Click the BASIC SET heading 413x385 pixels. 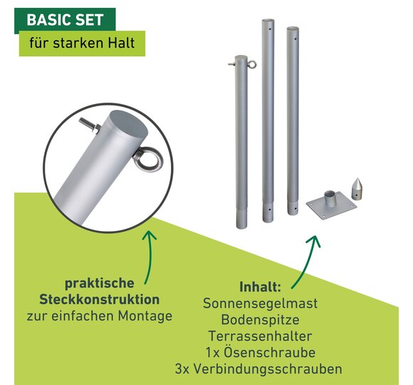coord(65,20)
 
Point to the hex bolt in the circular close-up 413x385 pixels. coord(90,125)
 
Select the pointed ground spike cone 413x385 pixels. coord(357,189)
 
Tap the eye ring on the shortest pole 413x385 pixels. coord(252,64)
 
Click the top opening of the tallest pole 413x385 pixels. coord(268,21)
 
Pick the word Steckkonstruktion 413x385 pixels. coord(99,299)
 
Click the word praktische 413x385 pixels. coord(99,284)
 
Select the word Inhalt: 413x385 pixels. coord(260,287)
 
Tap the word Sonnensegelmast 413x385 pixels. coord(260,304)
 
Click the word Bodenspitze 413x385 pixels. coord(260,320)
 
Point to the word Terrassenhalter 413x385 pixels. coord(260,337)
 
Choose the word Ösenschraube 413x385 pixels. coord(269,353)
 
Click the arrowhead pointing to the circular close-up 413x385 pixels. coord(149,235)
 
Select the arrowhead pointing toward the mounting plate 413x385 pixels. coord(315,240)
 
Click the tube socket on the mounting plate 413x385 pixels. coord(329,199)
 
